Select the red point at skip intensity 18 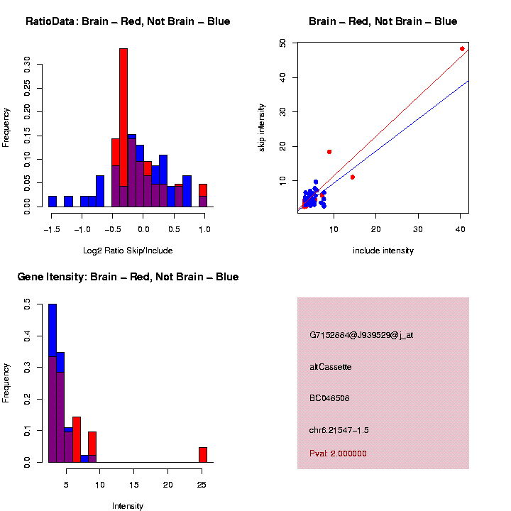329,152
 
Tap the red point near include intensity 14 353,177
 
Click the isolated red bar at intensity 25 203,454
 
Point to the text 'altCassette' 331,367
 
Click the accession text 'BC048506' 329,398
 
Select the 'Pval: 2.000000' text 338,454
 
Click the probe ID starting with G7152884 361,335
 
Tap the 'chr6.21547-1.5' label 339,430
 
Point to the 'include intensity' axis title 383,251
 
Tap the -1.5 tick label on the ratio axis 51,230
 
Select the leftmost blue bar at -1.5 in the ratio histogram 53,202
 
